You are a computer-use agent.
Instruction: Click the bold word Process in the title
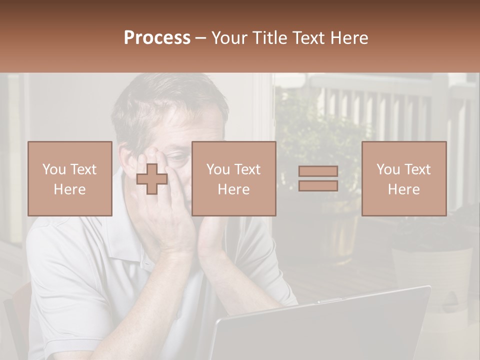coord(157,38)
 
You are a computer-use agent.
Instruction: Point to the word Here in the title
coord(348,38)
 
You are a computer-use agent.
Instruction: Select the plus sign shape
coord(152,179)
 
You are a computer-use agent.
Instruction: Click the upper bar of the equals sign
coord(318,171)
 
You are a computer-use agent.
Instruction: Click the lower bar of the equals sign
coord(318,185)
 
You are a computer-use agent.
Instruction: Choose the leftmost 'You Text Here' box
coord(69,178)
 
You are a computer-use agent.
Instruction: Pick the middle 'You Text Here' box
coord(233,178)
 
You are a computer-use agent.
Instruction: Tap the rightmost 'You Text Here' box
coord(403,178)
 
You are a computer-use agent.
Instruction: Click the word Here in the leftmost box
coord(69,189)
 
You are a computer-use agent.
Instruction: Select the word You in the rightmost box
coord(387,169)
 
